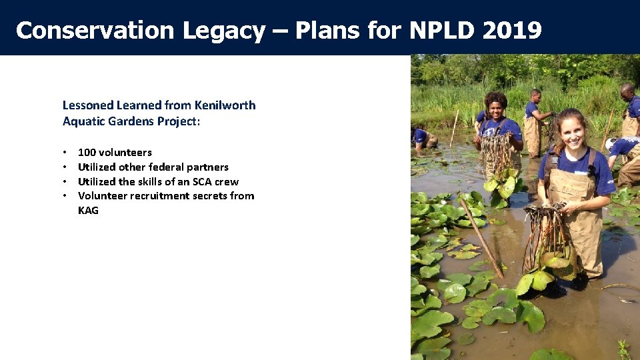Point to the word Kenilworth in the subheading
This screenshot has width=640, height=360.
(225, 105)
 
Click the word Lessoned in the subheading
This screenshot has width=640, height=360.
(88, 105)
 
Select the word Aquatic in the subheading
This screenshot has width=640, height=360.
(83, 121)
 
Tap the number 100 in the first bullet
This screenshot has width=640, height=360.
(87, 153)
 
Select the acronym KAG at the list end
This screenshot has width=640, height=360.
(88, 211)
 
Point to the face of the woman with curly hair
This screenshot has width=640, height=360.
(496, 107)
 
